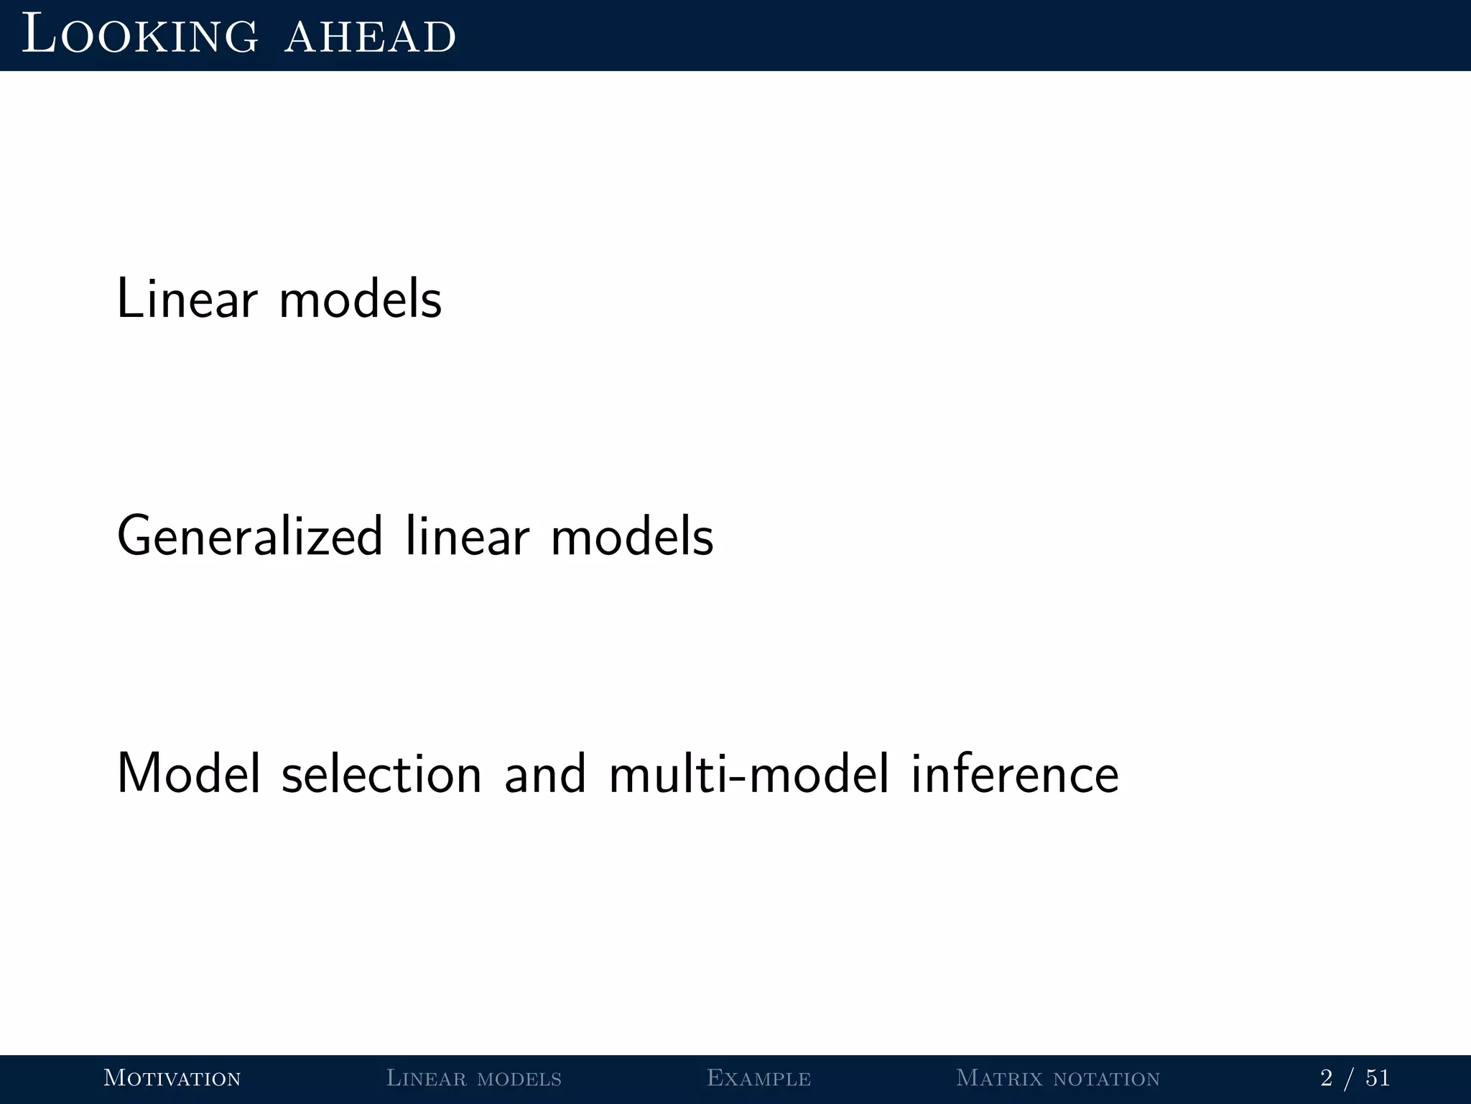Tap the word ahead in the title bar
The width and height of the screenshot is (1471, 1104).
(370, 36)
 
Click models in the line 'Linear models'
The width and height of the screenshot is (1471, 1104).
(360, 299)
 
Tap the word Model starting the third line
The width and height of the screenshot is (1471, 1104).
(188, 774)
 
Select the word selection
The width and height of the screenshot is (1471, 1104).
(381, 774)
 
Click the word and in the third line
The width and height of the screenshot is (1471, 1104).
(545, 774)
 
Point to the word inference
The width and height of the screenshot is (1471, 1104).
(1015, 774)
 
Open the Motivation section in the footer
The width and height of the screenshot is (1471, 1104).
(172, 1078)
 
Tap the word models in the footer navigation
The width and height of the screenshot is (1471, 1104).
(519, 1078)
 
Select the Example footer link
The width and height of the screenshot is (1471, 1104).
(758, 1078)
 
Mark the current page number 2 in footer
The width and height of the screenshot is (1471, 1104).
(1326, 1078)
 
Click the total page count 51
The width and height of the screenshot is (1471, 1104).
(1378, 1078)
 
